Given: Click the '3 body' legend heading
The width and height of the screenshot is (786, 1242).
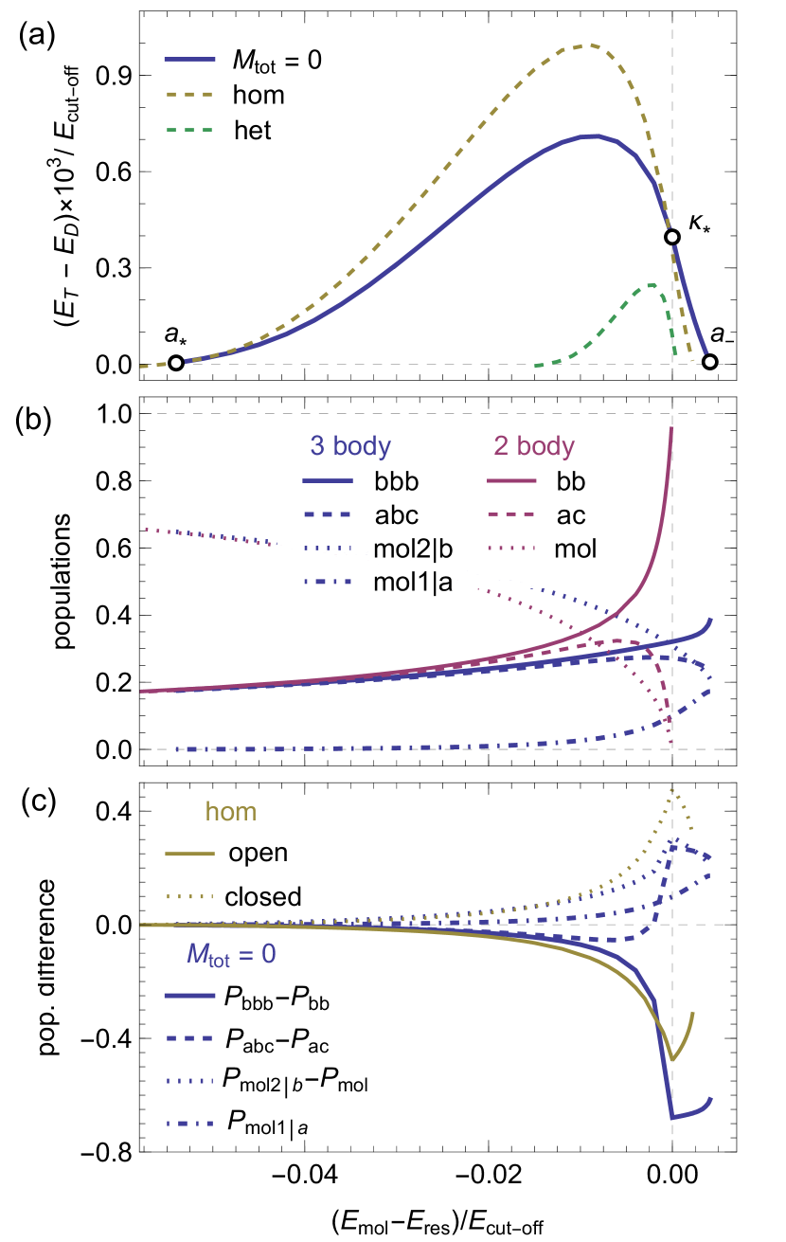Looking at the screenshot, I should (350, 446).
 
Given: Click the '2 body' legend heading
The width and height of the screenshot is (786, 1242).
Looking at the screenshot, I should (534, 446).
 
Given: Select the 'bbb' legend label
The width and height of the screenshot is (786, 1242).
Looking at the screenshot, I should (396, 481).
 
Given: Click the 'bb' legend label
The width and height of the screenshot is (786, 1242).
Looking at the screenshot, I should (570, 481).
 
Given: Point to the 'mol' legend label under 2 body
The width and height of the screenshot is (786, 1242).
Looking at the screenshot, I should (576, 548).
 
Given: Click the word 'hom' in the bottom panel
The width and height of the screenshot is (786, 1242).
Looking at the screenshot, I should (231, 812).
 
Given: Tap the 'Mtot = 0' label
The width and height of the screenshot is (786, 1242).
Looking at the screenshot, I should (231, 954).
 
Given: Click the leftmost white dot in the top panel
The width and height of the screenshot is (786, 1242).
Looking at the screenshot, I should (176, 363).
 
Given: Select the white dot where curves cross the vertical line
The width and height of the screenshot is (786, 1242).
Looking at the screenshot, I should (672, 237).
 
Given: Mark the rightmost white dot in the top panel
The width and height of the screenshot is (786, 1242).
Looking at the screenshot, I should (709, 362).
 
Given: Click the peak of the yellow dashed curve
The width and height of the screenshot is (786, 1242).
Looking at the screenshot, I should (587, 45).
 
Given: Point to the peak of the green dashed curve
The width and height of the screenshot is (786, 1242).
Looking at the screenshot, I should (652, 283).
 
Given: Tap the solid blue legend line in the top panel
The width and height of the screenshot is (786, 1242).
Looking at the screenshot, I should (189, 60).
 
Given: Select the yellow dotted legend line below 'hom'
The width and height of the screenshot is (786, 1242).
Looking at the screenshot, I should (189, 896).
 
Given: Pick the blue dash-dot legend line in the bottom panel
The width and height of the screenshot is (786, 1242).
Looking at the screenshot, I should (189, 1124).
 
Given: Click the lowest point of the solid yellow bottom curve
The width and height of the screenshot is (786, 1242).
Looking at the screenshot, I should (673, 1059).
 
